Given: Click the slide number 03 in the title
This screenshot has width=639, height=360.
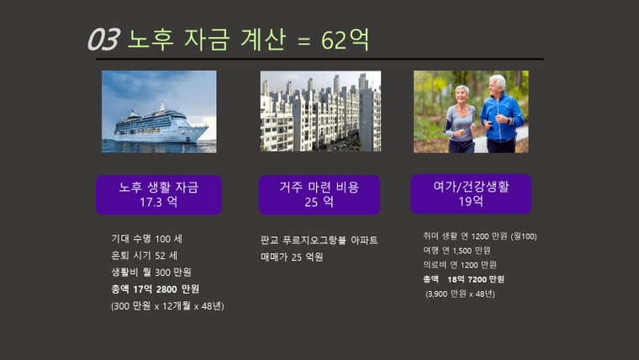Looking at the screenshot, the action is point(103,40).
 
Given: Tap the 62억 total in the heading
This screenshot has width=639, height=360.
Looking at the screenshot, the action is point(346,40).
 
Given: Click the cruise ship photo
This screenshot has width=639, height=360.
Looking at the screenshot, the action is point(159,112).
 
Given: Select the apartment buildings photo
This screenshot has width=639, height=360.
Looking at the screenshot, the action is point(320,111).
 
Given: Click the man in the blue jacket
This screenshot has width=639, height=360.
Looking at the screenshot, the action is point(500,114).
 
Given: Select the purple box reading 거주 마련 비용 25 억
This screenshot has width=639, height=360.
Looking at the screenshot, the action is point(319,194).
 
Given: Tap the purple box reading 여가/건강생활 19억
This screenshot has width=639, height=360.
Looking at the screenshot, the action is point(471,194).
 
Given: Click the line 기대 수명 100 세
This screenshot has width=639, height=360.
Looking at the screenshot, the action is point(146,239).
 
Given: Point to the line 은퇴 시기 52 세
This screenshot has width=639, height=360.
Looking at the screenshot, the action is point(145,256).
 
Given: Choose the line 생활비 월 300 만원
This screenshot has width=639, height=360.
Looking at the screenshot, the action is point(151,272).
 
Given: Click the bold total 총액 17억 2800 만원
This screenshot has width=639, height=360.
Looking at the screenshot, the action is point(156,289).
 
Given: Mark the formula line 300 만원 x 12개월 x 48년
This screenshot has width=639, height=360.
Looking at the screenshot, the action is point(167,306).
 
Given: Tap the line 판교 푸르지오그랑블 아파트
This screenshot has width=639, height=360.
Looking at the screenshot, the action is point(319,240).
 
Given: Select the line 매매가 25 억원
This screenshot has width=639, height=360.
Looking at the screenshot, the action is point(292,257).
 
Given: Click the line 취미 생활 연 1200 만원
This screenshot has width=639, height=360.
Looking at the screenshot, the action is point(479,236).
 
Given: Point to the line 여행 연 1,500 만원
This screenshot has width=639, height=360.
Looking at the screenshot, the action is point(457,251).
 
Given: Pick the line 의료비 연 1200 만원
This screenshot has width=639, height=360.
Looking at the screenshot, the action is point(460,265).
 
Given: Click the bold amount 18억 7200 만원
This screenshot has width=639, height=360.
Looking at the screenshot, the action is point(476,279).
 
